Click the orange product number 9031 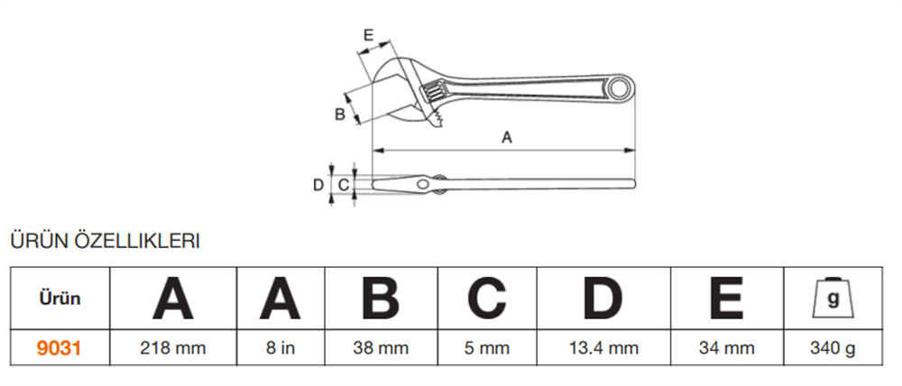[59, 348]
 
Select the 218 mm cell [173, 348]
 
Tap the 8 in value [281, 348]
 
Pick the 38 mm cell [381, 348]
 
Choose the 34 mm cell [726, 348]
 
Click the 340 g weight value [833, 348]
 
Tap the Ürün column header [60, 299]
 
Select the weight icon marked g [833, 298]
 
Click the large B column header [381, 298]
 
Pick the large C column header [487, 298]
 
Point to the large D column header [603, 298]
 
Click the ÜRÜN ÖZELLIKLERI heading [105, 242]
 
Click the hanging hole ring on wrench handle [621, 88]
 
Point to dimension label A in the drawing [506, 137]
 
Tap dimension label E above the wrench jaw [369, 35]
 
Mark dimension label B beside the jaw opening [340, 114]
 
